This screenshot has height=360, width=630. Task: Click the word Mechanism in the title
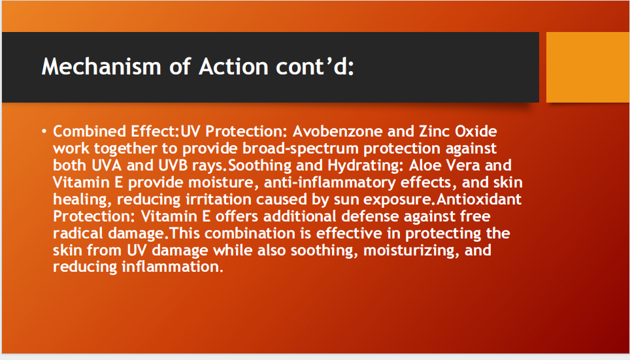point(101,66)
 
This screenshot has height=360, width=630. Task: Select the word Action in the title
point(233,66)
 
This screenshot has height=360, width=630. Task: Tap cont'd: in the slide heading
point(315,66)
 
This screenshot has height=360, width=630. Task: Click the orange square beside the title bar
point(588,67)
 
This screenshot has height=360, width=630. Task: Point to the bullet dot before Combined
point(44,131)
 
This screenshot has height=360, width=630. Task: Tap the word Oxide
point(476,131)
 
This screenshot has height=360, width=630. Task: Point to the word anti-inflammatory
point(330,183)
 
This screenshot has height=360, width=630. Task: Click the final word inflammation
point(172,267)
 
